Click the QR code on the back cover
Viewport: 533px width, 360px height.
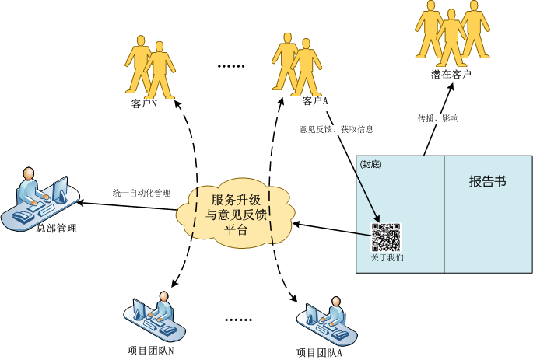point(386,236)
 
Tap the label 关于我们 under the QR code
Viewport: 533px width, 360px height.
point(387,257)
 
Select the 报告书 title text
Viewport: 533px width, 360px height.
point(487,182)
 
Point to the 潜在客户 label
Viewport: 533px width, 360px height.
point(452,75)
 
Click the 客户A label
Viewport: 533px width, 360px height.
point(314,101)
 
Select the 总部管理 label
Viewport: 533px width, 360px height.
point(57,229)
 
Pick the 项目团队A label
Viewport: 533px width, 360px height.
point(320,352)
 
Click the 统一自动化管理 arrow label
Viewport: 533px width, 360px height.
point(141,192)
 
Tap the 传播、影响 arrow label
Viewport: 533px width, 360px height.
point(438,119)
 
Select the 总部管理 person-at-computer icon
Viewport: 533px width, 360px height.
point(38,199)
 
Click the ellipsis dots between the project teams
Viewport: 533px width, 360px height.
point(238,320)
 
